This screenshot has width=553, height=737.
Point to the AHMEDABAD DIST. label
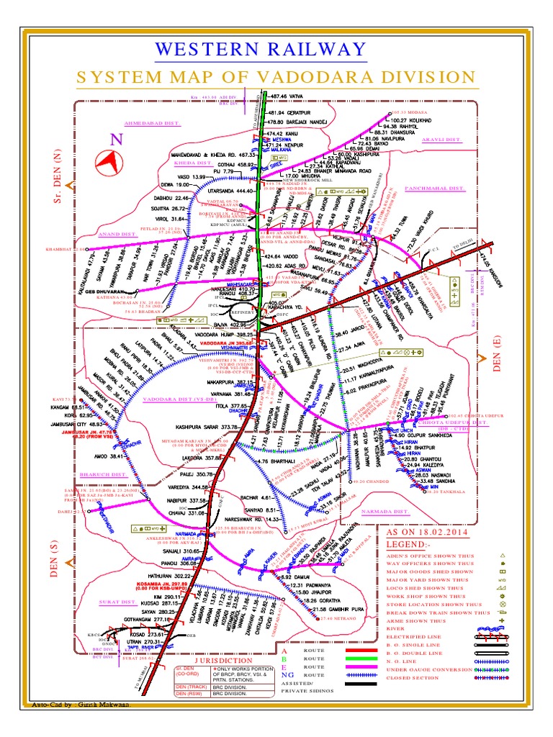[152, 123]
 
